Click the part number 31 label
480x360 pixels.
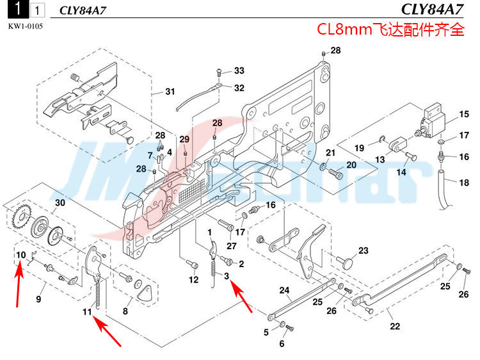click(x=170, y=92)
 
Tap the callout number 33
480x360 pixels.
click(x=239, y=70)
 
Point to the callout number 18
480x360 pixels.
click(x=464, y=183)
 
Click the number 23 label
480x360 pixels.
click(x=363, y=250)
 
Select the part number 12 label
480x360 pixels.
click(x=193, y=280)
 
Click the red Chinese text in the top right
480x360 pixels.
click(x=391, y=29)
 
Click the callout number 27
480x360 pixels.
click(x=231, y=245)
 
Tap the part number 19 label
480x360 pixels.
click(x=360, y=148)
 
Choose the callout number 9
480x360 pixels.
click(x=38, y=299)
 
